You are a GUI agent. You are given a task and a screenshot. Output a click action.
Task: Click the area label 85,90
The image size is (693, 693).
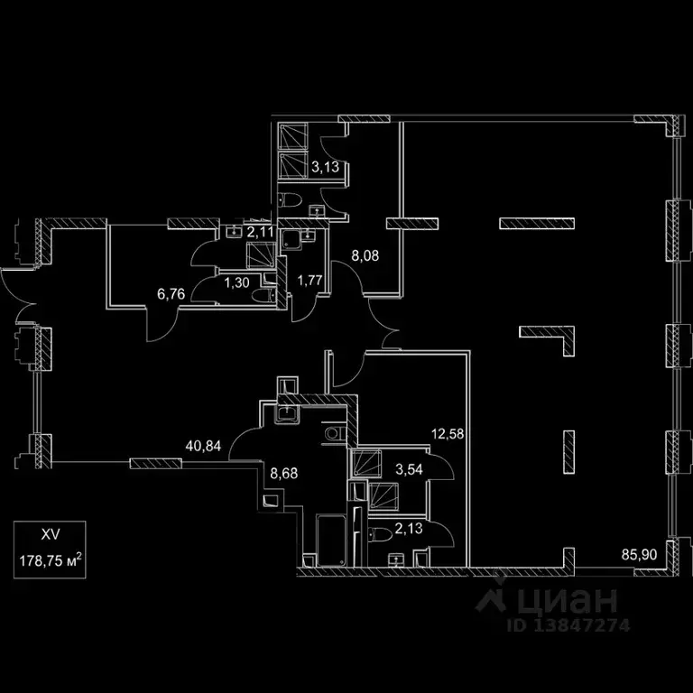pyautogui.click(x=639, y=554)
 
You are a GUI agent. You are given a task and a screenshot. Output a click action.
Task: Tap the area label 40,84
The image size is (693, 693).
pyautogui.click(x=203, y=446)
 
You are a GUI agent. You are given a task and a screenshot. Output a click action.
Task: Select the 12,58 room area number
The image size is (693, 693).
pyautogui.click(x=448, y=433)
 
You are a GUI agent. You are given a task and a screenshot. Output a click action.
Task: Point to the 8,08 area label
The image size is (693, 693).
pyautogui.click(x=365, y=255)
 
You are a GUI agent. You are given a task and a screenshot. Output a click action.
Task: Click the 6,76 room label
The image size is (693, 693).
pyautogui.click(x=171, y=293)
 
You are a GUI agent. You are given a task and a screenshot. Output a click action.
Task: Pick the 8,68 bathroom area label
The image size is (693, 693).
pyautogui.click(x=284, y=474)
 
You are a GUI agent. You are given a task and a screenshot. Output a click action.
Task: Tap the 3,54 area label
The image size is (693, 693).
pyautogui.click(x=409, y=469)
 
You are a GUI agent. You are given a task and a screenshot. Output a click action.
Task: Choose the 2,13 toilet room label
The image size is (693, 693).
pyautogui.click(x=409, y=528)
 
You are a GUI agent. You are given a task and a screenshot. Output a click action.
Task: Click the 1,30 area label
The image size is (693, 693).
pyautogui.click(x=237, y=282)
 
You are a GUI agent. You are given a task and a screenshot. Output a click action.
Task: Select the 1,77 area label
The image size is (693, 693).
pyautogui.click(x=310, y=281)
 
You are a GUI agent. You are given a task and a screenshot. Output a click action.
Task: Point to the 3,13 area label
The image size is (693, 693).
pyautogui.click(x=325, y=167)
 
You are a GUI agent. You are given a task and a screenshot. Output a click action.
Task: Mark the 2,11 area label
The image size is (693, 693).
pyautogui.click(x=260, y=232)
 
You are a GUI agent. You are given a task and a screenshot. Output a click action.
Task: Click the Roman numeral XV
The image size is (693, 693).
pyautogui.click(x=50, y=535)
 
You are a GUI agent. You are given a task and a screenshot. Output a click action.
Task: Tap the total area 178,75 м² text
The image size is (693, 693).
pyautogui.click(x=50, y=561)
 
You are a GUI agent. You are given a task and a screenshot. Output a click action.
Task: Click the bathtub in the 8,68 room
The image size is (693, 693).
pyautogui.click(x=331, y=540)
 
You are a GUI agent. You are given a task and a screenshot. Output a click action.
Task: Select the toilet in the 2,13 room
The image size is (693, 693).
pyautogui.click(x=380, y=535)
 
